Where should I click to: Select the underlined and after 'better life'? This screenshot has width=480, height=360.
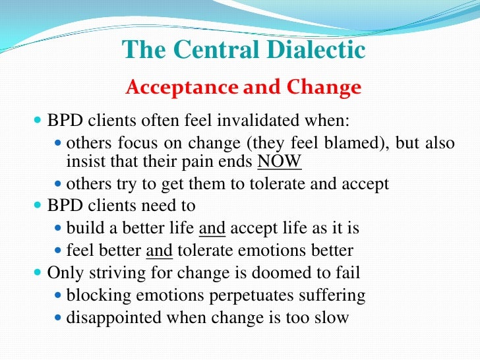tap(212, 229)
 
